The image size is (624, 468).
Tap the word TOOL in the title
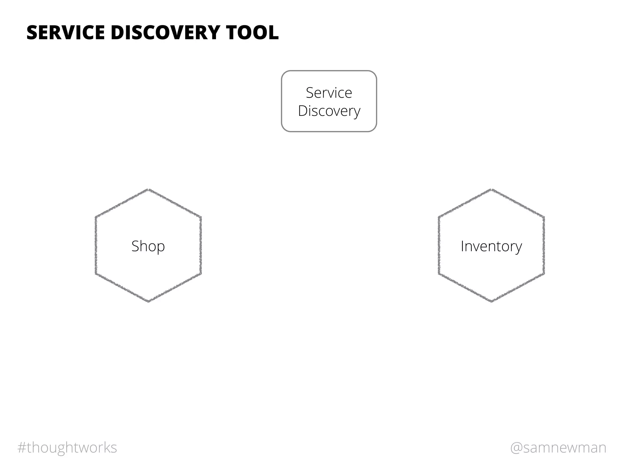pos(252,33)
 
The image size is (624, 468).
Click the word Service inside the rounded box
pos(329,93)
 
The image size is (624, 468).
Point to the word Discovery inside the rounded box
pos(329,111)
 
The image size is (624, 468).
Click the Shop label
pos(148,246)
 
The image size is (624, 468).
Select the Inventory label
pos(491,246)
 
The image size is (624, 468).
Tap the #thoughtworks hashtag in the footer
pos(67,448)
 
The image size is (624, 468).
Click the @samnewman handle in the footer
pos(558,448)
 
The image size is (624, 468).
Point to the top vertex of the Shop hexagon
pos(148,190)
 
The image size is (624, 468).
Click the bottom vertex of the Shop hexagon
pos(148,302)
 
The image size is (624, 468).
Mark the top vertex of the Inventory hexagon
pos(491,190)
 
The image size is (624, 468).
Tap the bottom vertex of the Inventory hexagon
pos(491,302)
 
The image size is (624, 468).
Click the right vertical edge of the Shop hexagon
pos(201,246)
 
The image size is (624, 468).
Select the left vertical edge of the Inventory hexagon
pos(439,246)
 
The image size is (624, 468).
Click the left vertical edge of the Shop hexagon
pos(96,246)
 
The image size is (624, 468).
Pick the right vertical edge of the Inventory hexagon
pos(544,246)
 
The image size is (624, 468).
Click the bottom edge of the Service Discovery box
pos(329,131)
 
